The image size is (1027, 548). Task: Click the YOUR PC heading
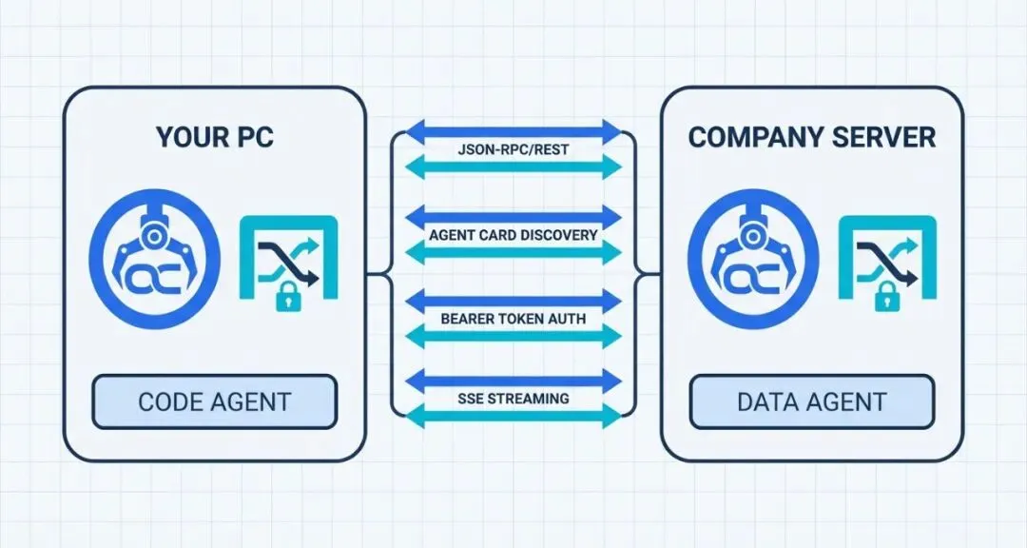pyautogui.click(x=214, y=136)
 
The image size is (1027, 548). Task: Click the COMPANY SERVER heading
pyautogui.click(x=811, y=136)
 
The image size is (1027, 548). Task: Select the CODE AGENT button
pyautogui.click(x=214, y=401)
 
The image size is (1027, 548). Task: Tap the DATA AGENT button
pyautogui.click(x=811, y=401)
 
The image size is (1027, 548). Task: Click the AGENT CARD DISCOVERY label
pyautogui.click(x=513, y=234)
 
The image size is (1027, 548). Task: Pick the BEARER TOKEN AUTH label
pyautogui.click(x=513, y=319)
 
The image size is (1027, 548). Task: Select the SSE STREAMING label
pyautogui.click(x=513, y=398)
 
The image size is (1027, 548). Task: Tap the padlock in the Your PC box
pyautogui.click(x=284, y=299)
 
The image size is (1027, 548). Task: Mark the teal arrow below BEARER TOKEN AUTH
pyautogui.click(x=513, y=336)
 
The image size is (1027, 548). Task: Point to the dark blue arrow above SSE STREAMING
pyautogui.click(x=513, y=380)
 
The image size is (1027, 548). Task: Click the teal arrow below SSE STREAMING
pyautogui.click(x=513, y=415)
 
